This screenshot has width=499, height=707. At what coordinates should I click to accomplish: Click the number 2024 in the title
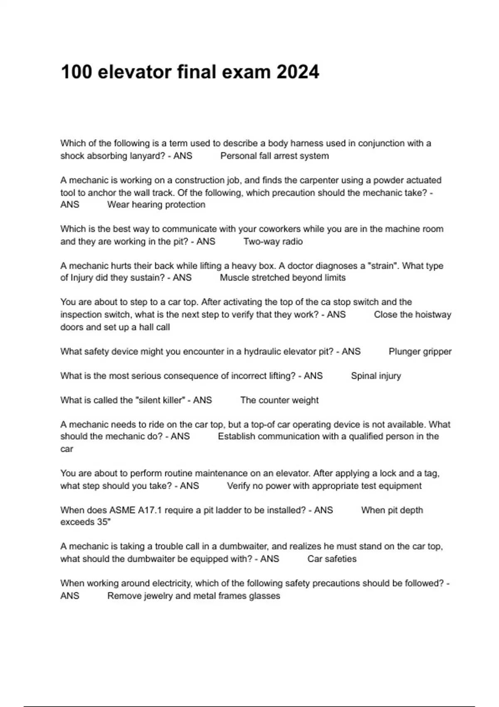pyautogui.click(x=298, y=72)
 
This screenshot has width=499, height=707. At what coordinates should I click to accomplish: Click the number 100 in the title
pyautogui.click(x=76, y=72)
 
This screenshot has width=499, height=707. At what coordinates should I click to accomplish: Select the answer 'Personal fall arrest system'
pyautogui.click(x=274, y=156)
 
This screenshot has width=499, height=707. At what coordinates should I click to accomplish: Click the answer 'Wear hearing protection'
pyautogui.click(x=156, y=205)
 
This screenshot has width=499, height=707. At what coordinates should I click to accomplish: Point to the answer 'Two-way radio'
pyautogui.click(x=273, y=242)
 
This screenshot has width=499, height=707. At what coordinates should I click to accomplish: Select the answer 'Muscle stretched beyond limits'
pyautogui.click(x=282, y=278)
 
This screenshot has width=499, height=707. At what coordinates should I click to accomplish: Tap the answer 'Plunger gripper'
pyautogui.click(x=420, y=351)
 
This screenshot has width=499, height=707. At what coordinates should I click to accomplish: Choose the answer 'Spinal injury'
pyautogui.click(x=376, y=376)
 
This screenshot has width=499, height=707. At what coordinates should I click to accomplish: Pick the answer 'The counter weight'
pyautogui.click(x=279, y=400)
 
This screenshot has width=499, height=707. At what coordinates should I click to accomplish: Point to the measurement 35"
pyautogui.click(x=104, y=522)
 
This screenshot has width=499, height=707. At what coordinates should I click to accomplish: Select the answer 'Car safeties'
pyautogui.click(x=332, y=559)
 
